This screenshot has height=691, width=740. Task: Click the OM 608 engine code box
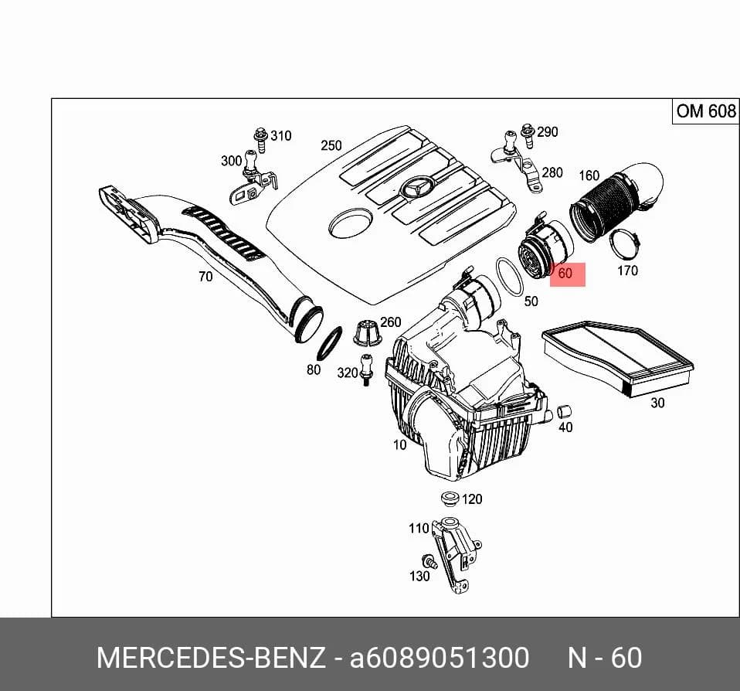click(705, 112)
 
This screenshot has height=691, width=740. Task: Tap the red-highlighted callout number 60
click(565, 274)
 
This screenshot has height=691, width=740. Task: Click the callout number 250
click(331, 145)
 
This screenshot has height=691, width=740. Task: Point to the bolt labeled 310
click(260, 139)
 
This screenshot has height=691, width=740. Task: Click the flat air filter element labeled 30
click(618, 356)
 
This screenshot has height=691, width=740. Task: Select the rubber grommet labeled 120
click(449, 499)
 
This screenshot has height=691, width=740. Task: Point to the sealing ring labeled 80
click(329, 343)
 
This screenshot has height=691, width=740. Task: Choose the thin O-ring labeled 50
click(510, 277)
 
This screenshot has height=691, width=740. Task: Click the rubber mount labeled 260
click(366, 333)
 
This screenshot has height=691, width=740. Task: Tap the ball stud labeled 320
click(366, 369)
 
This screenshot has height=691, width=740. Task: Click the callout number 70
click(205, 276)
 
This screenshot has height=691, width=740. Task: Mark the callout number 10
click(399, 445)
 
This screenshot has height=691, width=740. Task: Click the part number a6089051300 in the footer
click(439, 658)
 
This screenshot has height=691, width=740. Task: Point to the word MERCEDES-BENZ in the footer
click(211, 658)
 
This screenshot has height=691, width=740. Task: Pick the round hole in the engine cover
click(350, 223)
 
